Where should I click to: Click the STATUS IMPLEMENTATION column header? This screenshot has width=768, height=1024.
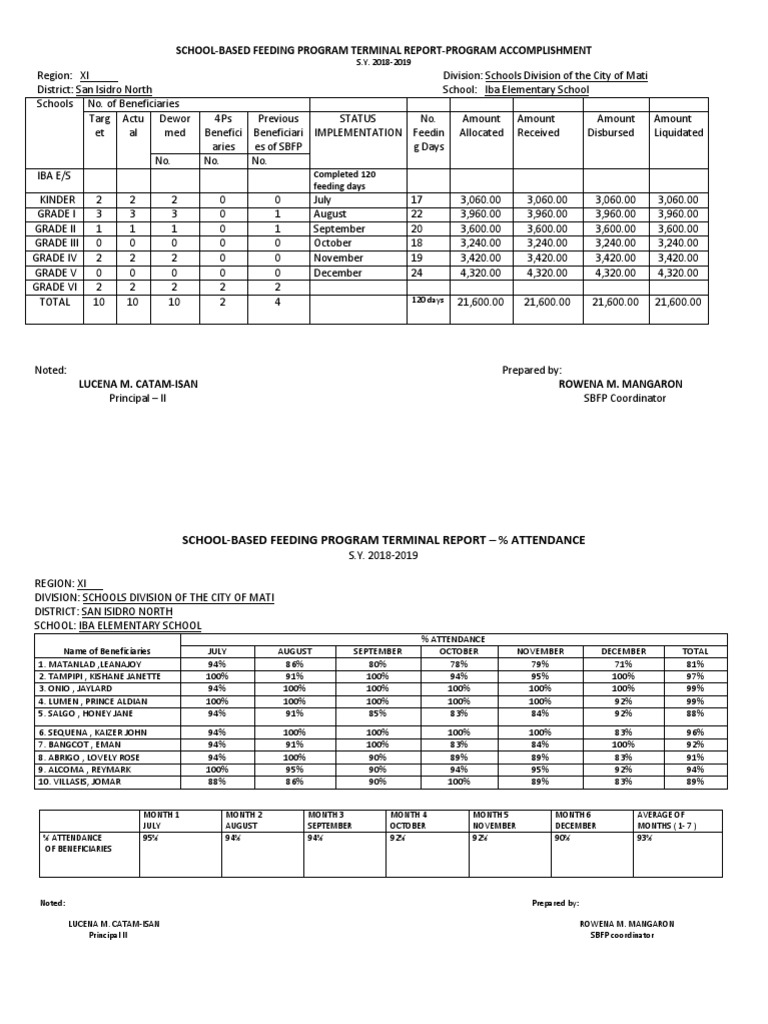pos(358,125)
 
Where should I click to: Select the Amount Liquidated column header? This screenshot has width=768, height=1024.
pos(678,125)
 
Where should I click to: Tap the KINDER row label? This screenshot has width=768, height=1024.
pos(56,200)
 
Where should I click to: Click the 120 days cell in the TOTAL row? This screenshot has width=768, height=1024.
pos(426,300)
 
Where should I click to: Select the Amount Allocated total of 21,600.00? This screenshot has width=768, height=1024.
pos(480,302)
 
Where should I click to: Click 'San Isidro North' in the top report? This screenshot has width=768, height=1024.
pos(114,89)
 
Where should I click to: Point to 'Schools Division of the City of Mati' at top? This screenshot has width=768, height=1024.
pos(568,75)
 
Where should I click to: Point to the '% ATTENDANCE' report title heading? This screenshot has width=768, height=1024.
pos(383,540)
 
